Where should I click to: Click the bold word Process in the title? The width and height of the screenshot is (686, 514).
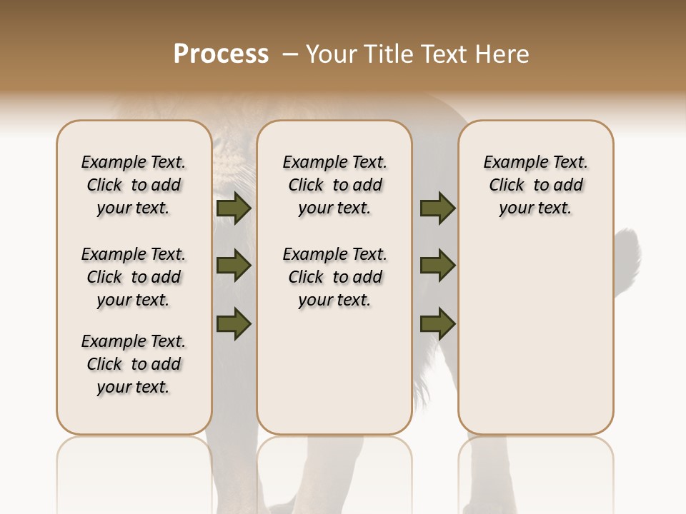[221, 54]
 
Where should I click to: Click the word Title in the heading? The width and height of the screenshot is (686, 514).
[383, 54]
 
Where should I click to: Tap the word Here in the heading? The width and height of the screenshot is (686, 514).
[503, 54]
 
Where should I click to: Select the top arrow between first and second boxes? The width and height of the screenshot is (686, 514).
[234, 208]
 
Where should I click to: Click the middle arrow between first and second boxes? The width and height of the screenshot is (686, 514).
[234, 266]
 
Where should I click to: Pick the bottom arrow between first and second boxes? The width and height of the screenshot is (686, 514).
[234, 323]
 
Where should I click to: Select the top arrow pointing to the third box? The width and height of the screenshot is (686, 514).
[437, 208]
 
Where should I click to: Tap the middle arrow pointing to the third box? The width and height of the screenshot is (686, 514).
[437, 266]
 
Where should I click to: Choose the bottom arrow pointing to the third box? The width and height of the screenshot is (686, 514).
[437, 323]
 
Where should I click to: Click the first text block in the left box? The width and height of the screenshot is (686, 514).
[134, 185]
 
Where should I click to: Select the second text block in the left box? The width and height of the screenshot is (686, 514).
[134, 277]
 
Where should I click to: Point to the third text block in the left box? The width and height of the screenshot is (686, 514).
[134, 364]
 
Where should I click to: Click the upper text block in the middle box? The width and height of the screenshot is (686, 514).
[334, 185]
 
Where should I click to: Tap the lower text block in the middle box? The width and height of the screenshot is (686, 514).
[334, 277]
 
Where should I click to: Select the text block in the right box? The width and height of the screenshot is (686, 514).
[535, 185]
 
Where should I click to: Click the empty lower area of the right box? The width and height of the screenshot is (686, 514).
[535, 343]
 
